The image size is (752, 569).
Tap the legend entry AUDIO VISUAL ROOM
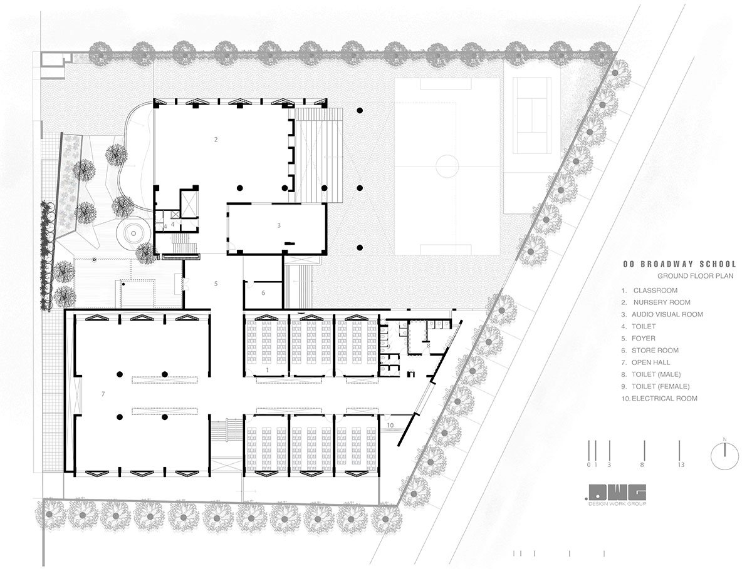coord(667,314)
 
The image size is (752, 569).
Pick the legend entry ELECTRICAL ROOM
coord(664,398)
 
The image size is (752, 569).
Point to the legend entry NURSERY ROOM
coord(657,302)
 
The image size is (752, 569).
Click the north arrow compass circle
coord(724,455)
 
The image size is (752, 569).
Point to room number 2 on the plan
coord(216,139)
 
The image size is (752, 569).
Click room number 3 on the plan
coord(279,224)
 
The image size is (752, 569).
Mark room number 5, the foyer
coord(216,284)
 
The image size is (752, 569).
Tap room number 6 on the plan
coord(263,292)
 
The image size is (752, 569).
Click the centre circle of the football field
coord(447,166)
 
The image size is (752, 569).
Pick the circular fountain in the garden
coord(132,233)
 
